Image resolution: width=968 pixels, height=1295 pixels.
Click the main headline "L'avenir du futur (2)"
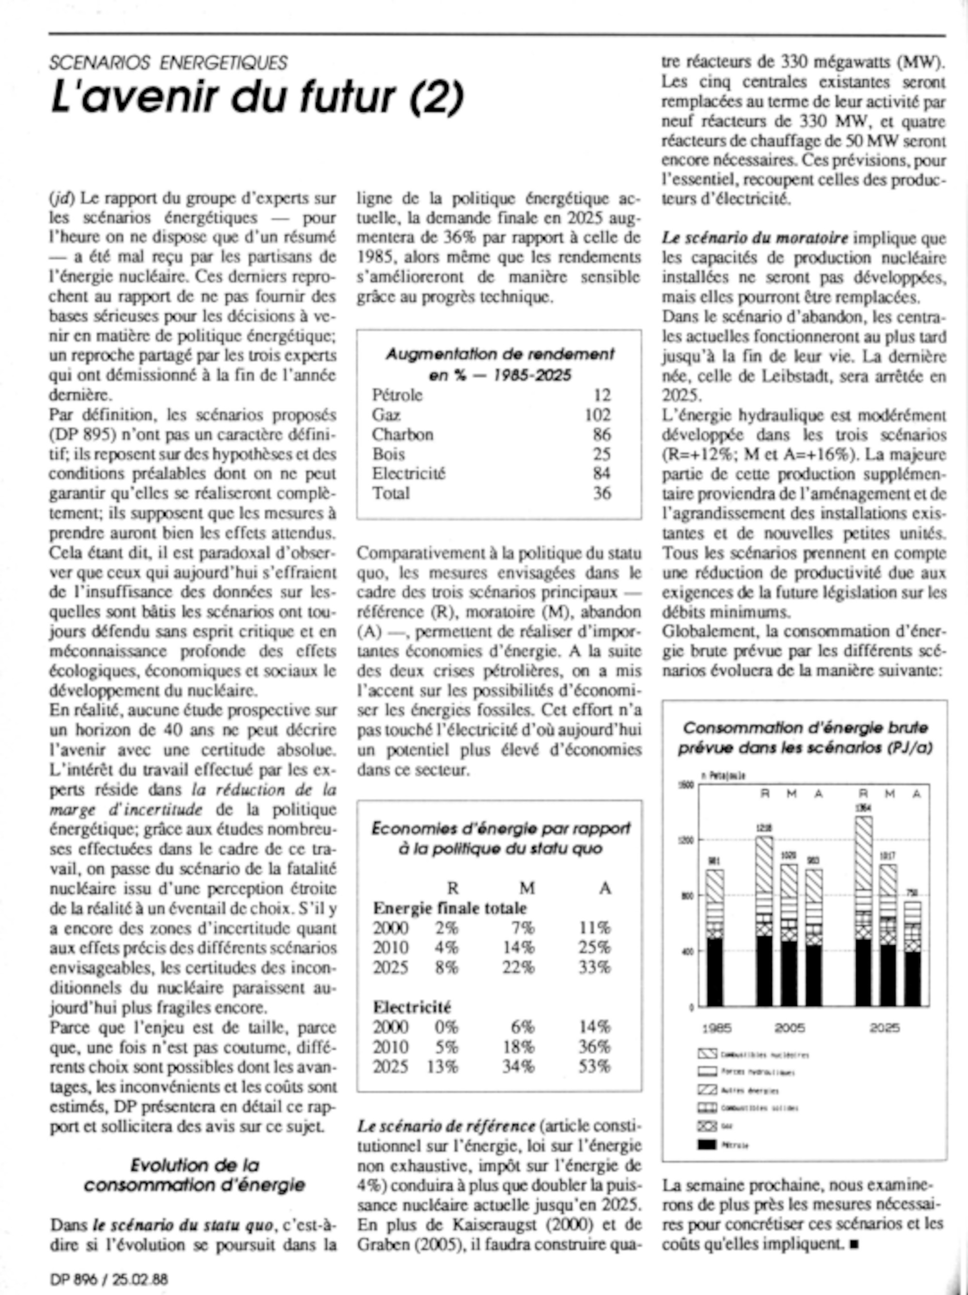pyautogui.click(x=257, y=97)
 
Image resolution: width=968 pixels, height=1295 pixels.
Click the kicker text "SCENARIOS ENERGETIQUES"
pyautogui.click(x=168, y=62)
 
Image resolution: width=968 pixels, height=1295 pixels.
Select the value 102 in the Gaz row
pyautogui.click(x=597, y=415)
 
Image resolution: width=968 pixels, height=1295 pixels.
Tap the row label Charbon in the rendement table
pyautogui.click(x=403, y=434)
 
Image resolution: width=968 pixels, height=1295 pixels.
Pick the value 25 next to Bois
pyautogui.click(x=602, y=454)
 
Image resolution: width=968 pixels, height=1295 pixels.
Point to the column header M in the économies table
pyautogui.click(x=527, y=888)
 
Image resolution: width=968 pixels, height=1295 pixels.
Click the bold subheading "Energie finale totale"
pyautogui.click(x=450, y=908)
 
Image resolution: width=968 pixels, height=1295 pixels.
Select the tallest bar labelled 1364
pyautogui.click(x=863, y=911)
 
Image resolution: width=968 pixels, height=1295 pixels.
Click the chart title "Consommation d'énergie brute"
pyautogui.click(x=805, y=728)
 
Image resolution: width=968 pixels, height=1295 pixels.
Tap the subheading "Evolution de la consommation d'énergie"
pyautogui.click(x=195, y=1175)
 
